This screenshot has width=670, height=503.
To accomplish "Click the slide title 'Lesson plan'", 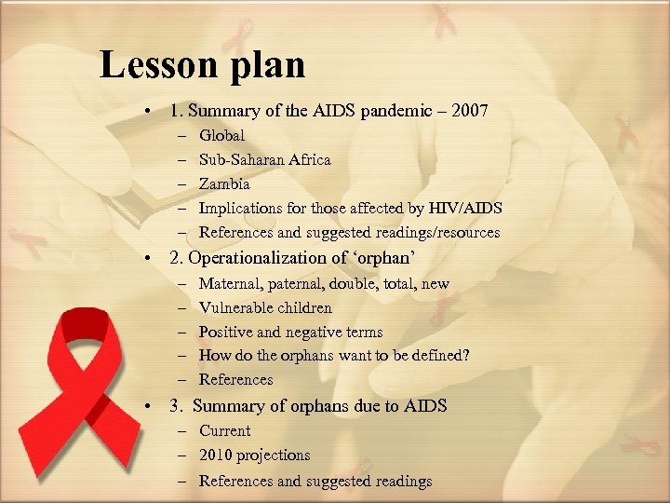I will (202, 65).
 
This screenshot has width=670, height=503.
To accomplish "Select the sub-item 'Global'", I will (221, 136).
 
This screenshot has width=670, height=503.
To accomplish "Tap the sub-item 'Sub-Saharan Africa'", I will (264, 160).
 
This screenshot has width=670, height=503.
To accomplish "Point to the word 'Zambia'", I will (224, 184).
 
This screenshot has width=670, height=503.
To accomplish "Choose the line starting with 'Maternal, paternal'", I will (324, 283).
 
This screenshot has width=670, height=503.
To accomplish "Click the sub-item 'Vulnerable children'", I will (265, 307).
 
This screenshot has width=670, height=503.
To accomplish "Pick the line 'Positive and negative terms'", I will (290, 333).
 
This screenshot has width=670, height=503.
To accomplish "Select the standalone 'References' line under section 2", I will (235, 380).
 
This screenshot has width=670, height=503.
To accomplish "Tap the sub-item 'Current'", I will (224, 431).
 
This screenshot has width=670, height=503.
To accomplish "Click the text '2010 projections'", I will (254, 455).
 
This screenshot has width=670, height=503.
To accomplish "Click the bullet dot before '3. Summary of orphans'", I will (149, 406).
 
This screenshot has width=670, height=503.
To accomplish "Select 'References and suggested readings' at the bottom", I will (315, 482).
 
